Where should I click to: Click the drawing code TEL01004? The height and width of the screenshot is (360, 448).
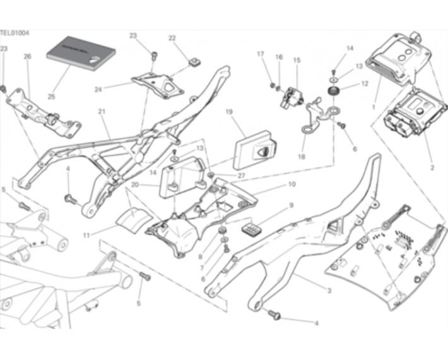coord(15,33)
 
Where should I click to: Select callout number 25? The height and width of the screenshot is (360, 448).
coord(51,97)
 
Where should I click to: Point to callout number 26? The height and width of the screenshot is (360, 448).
coord(27,56)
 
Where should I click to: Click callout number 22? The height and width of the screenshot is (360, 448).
coord(172,38)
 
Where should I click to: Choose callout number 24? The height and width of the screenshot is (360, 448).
coord(98,89)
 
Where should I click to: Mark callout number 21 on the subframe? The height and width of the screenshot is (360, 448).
coord(102,112)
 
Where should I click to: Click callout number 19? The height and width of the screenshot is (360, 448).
coord(228,112)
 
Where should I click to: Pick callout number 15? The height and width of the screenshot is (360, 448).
coord(297,60)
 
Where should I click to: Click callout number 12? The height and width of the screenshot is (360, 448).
coord(365,83)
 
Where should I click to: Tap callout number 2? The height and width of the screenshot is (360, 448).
coord(432,169)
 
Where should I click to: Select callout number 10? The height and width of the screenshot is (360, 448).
coord(292,185)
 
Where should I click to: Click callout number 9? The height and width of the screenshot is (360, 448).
coord(291,206)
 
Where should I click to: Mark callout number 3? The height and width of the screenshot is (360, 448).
coord(329,291)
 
